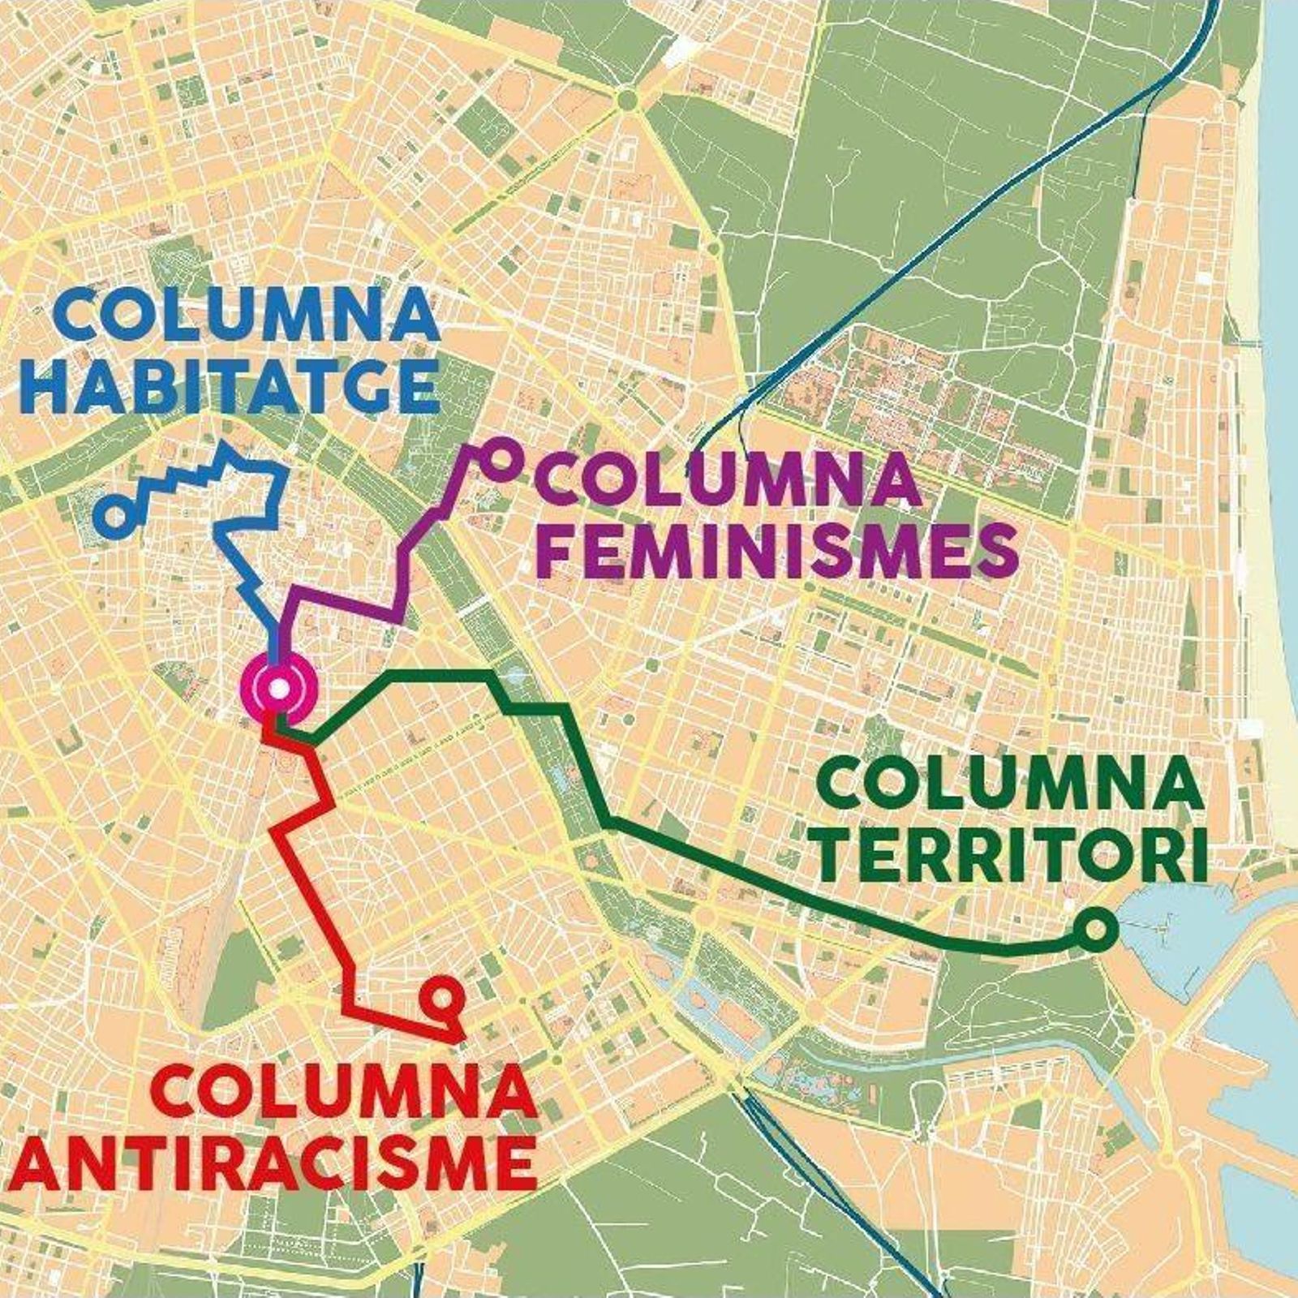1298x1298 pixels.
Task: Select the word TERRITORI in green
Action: (x=1010, y=855)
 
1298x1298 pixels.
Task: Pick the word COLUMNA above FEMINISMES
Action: (x=735, y=480)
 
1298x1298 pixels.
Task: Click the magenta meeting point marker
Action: (x=278, y=690)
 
